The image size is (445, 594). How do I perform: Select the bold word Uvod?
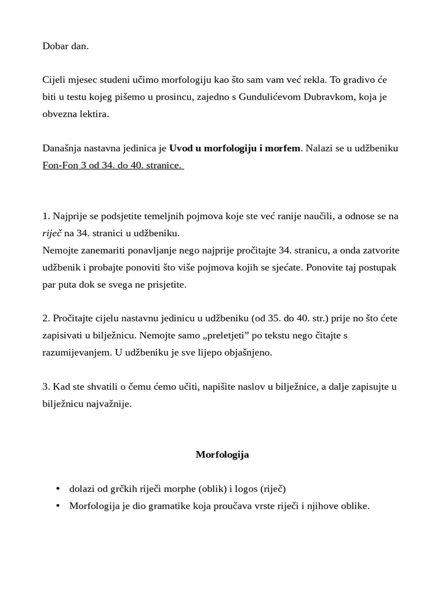pyautogui.click(x=180, y=148)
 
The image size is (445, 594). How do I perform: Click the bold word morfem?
pyautogui.click(x=283, y=148)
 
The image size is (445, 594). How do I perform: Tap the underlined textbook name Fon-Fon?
pyautogui.click(x=59, y=165)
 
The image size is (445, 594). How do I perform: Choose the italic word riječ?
pyautogui.click(x=52, y=233)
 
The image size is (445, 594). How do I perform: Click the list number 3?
pyautogui.click(x=45, y=387)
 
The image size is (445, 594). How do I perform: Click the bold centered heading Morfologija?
pyautogui.click(x=222, y=455)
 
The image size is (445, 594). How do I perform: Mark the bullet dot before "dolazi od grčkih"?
pyautogui.click(x=57, y=489)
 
